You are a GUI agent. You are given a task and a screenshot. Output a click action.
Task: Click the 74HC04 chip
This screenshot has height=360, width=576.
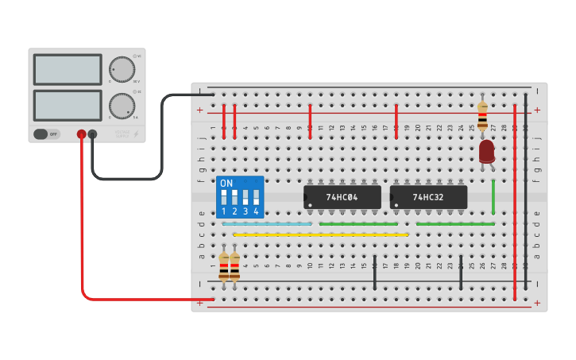pos(342,197)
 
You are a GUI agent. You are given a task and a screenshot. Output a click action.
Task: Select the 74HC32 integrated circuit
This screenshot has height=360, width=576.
pos(428,197)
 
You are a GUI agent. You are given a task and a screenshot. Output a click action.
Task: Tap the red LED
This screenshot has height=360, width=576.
pos(486,151)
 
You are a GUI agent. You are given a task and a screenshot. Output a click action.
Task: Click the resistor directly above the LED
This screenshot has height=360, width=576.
pos(482,115)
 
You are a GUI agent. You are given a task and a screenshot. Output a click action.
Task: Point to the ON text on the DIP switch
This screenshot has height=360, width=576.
pos(226,184)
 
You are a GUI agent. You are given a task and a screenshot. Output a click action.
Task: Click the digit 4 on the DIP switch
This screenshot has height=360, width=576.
pos(256,211)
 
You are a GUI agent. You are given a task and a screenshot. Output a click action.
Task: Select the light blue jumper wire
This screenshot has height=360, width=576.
pos(267,224)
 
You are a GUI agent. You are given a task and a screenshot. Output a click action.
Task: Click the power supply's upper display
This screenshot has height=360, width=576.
pos(68,69)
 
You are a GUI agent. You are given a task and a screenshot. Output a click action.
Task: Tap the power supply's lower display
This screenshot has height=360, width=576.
pos(68,105)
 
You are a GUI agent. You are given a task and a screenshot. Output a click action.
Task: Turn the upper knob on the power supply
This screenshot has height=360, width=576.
pos(122,69)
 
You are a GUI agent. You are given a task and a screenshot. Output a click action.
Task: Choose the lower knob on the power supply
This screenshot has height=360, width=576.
pos(122,106)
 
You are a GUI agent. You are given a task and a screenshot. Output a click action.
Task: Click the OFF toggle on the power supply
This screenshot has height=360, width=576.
pos(47,134)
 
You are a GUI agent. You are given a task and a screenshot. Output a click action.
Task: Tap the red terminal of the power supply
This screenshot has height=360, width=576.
pos(81,134)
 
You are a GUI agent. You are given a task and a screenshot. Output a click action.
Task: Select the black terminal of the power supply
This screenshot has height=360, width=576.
pos(92,134)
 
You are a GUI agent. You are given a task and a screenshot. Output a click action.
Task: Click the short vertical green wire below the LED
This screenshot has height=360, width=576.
pos(493,196)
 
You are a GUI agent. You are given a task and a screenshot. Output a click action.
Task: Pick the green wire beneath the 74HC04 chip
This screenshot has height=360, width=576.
pos(358,224)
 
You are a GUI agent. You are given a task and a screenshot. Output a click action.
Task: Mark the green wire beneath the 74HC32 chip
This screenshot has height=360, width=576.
pos(455,224)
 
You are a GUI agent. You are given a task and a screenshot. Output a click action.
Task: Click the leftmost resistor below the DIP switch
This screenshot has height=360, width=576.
pos(224,266)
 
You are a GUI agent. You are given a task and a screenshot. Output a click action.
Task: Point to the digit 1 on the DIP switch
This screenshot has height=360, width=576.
pos(224,211)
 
